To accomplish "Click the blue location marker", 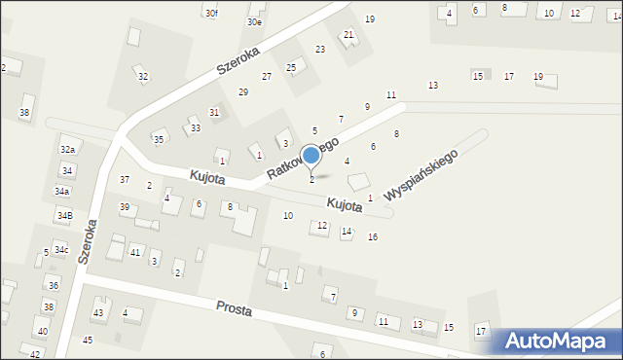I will pos(311,156).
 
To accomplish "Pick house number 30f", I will pos(211,13).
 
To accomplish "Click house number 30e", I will pos(254,21).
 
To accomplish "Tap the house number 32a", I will pos(67,150).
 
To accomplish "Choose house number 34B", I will pos(64,215).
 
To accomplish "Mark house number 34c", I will pos(61,250).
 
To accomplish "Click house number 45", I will pos(88,340).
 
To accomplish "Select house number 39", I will pos(125,207).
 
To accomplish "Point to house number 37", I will pos(125,179).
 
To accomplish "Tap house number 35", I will pos(159,139).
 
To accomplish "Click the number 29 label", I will pos(243,91).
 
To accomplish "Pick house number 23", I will pos(319,50).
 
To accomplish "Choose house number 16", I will pos(373,237).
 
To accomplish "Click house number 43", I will pos(97,312).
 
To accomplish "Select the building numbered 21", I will pos(348,35).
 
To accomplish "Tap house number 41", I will pos(135,252).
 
